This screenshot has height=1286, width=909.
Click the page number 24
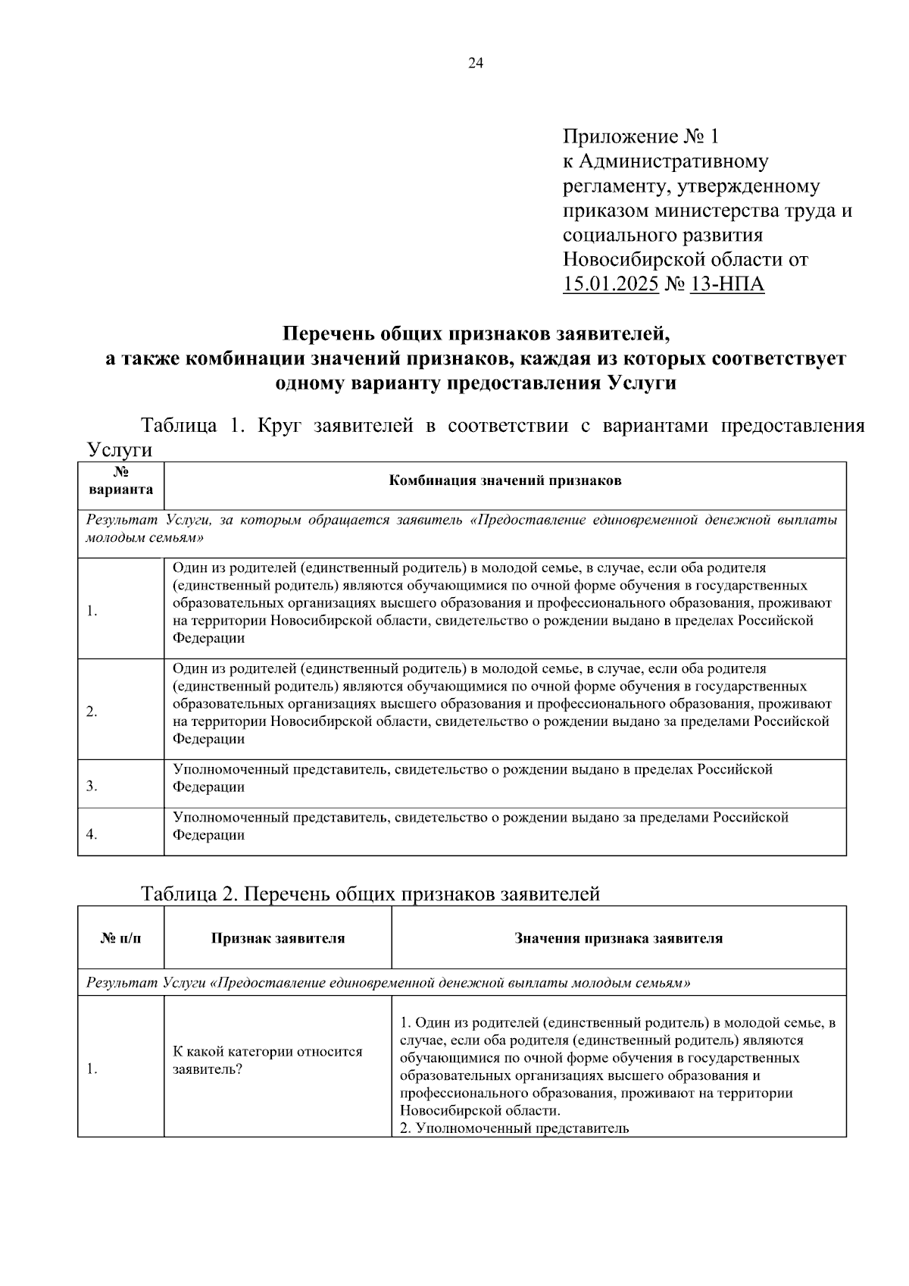click(x=475, y=64)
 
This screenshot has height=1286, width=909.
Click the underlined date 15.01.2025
click(x=611, y=284)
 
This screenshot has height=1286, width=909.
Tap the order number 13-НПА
click(x=727, y=284)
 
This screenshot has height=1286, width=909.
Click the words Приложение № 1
click(x=640, y=137)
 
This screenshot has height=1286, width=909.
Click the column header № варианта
click(x=120, y=481)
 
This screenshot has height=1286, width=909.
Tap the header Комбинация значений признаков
click(x=504, y=481)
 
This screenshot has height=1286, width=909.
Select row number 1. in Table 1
click(x=92, y=612)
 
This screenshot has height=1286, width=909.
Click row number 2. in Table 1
click(x=92, y=712)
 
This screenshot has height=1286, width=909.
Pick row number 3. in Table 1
click(x=92, y=787)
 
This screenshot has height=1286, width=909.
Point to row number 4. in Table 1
click(x=92, y=834)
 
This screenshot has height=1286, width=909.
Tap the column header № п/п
click(x=120, y=938)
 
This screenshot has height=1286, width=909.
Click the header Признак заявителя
click(x=277, y=938)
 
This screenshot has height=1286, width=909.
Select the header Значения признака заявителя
click(x=618, y=938)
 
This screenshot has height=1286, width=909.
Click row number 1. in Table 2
click(x=92, y=1070)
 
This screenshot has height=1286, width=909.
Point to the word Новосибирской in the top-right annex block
click(x=633, y=260)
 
